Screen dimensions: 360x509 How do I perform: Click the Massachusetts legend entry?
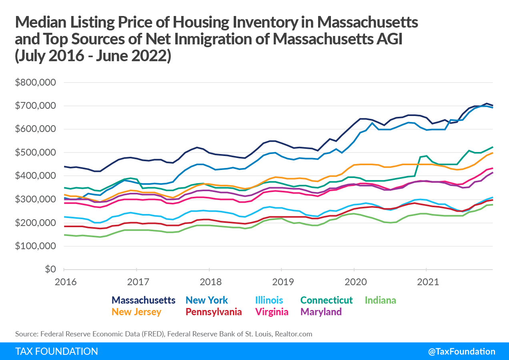144,300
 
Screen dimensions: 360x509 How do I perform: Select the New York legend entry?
207,300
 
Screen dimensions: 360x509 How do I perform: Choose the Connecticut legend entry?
327,300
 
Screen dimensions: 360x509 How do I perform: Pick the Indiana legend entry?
381,300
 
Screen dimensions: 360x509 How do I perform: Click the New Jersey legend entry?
136,312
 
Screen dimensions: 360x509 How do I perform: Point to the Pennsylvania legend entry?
213,312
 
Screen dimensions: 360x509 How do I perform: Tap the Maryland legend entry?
321,312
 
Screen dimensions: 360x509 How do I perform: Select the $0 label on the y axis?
50,270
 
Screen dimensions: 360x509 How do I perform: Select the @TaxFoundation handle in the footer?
461,352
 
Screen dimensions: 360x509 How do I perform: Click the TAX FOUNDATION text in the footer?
56,352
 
